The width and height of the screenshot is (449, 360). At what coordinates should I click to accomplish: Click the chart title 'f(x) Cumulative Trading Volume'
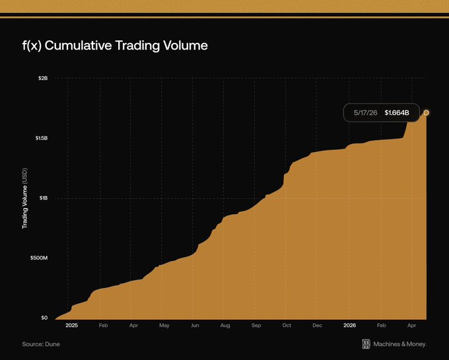coord(115,46)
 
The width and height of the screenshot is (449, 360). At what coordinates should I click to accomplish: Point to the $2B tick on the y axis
coord(43,78)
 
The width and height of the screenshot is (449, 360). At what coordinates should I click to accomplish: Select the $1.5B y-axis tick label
coord(42,138)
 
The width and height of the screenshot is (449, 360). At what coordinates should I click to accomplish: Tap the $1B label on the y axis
coord(44,198)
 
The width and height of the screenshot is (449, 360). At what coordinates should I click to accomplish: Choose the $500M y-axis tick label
coord(39,258)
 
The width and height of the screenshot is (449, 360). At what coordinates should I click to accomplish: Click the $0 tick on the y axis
coord(44,318)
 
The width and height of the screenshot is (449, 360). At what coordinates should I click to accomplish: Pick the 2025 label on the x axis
coord(71,326)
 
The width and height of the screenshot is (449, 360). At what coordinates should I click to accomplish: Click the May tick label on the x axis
coord(164,326)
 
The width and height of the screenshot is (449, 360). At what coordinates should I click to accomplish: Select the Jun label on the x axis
coord(195,326)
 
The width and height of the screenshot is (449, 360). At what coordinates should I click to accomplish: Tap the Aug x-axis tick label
coord(225,326)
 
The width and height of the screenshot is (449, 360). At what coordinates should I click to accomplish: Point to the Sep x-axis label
coord(256,326)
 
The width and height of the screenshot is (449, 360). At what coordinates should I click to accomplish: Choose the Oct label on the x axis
coord(287,326)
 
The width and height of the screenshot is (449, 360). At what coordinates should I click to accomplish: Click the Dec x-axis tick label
coord(318,326)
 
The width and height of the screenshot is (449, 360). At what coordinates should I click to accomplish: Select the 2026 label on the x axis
coord(350,326)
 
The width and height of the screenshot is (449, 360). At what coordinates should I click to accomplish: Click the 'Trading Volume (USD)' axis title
coord(25,198)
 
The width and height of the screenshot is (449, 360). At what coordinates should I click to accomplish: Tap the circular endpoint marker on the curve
coord(427,113)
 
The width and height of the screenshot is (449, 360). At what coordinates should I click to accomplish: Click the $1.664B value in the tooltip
coord(397,113)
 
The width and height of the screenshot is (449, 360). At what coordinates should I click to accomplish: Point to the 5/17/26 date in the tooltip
coord(365,113)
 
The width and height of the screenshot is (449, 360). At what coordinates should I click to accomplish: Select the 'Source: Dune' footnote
coord(41,344)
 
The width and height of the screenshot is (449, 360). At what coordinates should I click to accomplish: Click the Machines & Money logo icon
coord(366,344)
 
